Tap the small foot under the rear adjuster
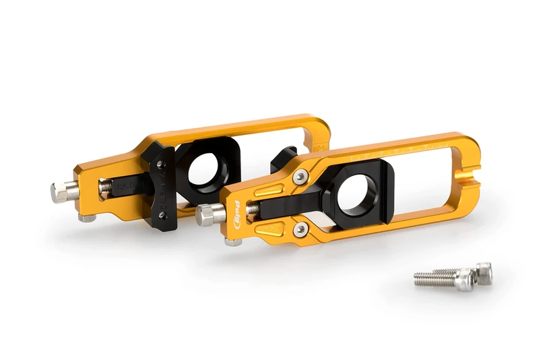tap(86, 218)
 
